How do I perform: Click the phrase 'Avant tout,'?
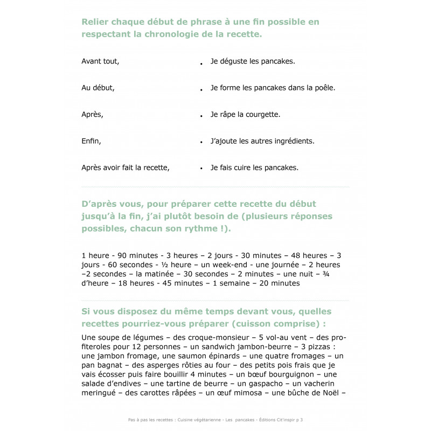point(100,61)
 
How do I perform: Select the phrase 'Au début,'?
point(98,88)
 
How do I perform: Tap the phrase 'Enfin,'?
point(91,141)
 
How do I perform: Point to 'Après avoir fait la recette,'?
point(126,168)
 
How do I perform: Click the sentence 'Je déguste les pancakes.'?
point(253,61)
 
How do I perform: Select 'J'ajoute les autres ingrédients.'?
point(262,141)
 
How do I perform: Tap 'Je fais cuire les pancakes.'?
point(254,168)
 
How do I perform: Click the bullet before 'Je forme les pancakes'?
point(201,89)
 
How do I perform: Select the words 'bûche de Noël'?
point(316,393)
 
